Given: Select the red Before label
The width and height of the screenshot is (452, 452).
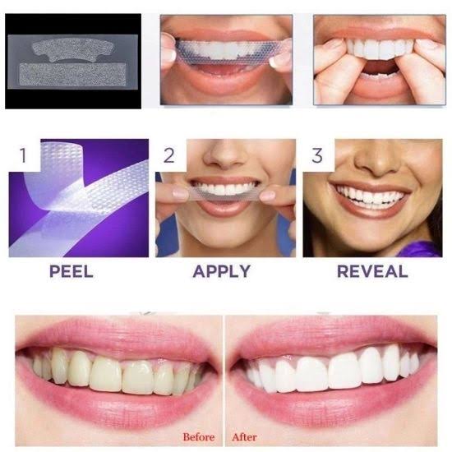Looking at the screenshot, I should (x=198, y=436).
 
